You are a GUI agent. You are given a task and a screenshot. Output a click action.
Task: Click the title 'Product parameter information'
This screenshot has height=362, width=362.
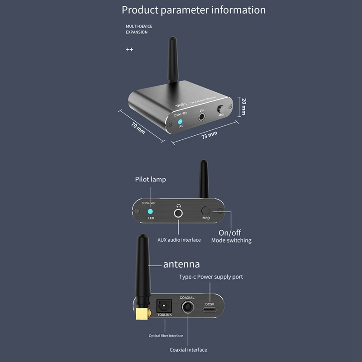pos(194,10)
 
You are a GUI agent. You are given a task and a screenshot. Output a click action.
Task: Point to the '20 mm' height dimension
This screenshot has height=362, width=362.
pos(243,106)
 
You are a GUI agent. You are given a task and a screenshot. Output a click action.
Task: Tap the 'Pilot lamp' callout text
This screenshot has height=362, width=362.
pos(150,179)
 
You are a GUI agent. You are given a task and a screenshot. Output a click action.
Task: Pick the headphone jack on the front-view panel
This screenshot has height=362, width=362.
pos(179,212)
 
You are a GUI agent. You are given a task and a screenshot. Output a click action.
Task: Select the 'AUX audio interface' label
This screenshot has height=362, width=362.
pos(179,240)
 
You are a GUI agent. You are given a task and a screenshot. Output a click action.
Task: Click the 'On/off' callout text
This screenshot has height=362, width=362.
pos(230,233)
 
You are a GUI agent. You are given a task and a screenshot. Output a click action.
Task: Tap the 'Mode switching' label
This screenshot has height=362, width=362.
pos(231,241)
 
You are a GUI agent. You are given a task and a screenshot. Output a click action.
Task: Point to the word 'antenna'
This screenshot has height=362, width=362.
pos(181,264)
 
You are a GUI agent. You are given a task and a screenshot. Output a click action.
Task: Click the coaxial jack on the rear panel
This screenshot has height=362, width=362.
pos(187,308)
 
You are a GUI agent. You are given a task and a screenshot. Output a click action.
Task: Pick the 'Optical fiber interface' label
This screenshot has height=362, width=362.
pos(166,336)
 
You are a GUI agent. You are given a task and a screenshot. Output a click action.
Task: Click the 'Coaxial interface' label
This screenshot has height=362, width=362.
pos(188,350)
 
